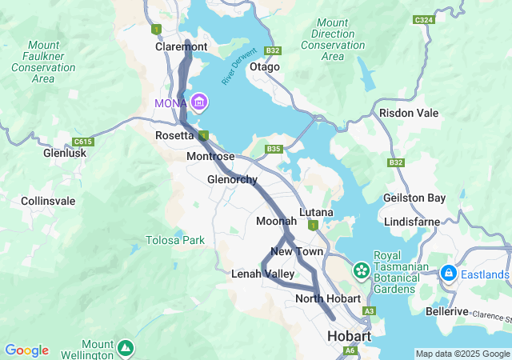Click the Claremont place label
point(181,47)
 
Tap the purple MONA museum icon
point(199,102)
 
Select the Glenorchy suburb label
point(232,179)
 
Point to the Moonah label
point(276,221)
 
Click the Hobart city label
point(349,337)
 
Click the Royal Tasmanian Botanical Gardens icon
point(361,270)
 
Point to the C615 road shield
point(80,142)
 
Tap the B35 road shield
point(274,149)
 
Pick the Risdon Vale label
point(409,113)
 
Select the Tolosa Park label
point(174,240)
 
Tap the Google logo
point(26,350)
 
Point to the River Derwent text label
point(237,74)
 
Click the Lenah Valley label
point(262,274)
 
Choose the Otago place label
point(265,67)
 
